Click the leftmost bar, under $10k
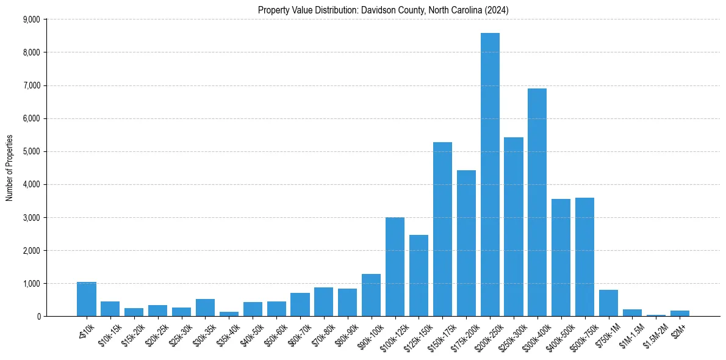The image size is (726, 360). (x=87, y=299)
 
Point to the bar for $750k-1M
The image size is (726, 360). (x=608, y=303)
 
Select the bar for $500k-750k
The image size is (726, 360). (x=584, y=257)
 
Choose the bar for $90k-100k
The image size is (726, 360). (x=371, y=295)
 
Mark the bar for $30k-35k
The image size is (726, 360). (x=205, y=308)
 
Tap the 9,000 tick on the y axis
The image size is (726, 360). (x=31, y=20)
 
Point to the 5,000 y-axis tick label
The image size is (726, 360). (x=31, y=151)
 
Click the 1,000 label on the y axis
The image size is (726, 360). (x=31, y=284)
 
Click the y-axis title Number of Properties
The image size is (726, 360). (x=9, y=168)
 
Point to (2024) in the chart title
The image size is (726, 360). (x=497, y=10)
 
